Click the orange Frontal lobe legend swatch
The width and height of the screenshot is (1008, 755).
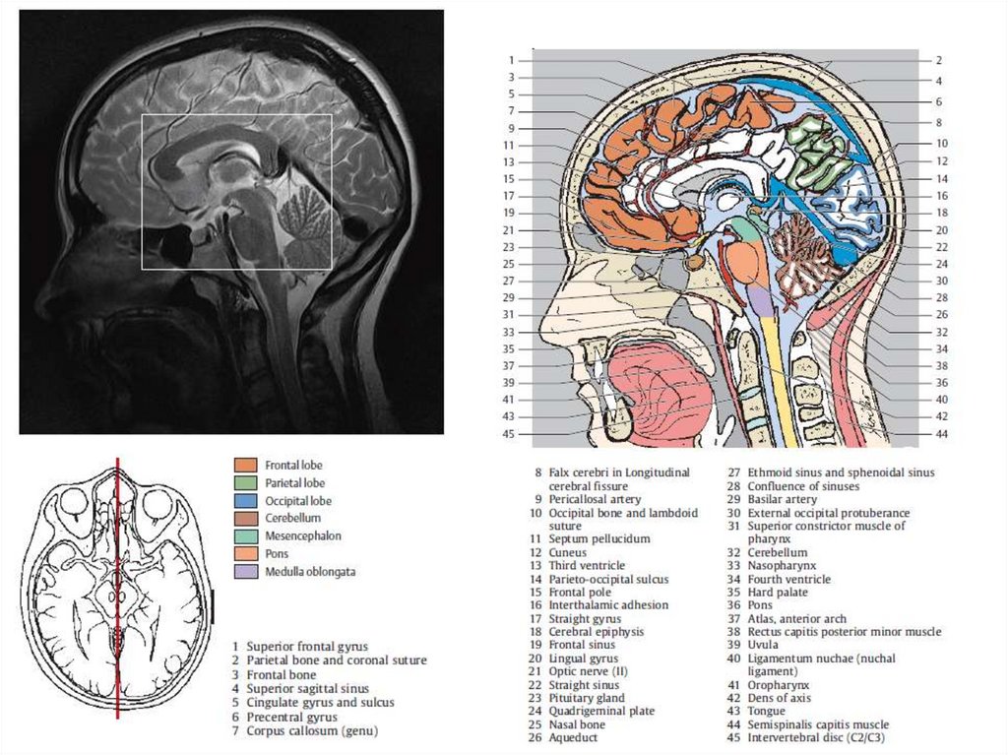[x=246, y=465]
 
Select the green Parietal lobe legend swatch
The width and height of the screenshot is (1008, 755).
[x=246, y=482]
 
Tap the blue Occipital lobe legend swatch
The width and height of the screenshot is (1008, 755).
[x=246, y=500]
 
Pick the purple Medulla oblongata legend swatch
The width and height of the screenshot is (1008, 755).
[x=246, y=571]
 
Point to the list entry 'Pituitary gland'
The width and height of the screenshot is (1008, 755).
[x=588, y=698]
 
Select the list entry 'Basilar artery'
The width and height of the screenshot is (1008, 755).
[x=782, y=500]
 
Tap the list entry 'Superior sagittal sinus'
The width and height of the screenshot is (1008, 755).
[x=308, y=689]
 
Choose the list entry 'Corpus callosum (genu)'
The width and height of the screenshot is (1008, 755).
[x=312, y=730]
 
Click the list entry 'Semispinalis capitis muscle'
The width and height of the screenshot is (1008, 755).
[x=817, y=724]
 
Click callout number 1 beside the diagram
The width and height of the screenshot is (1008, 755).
[x=512, y=60]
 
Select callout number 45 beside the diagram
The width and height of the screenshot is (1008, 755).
[x=509, y=434]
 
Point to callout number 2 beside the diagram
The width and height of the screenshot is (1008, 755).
[x=939, y=60]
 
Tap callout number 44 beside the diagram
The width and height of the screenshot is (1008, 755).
[x=941, y=434]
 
